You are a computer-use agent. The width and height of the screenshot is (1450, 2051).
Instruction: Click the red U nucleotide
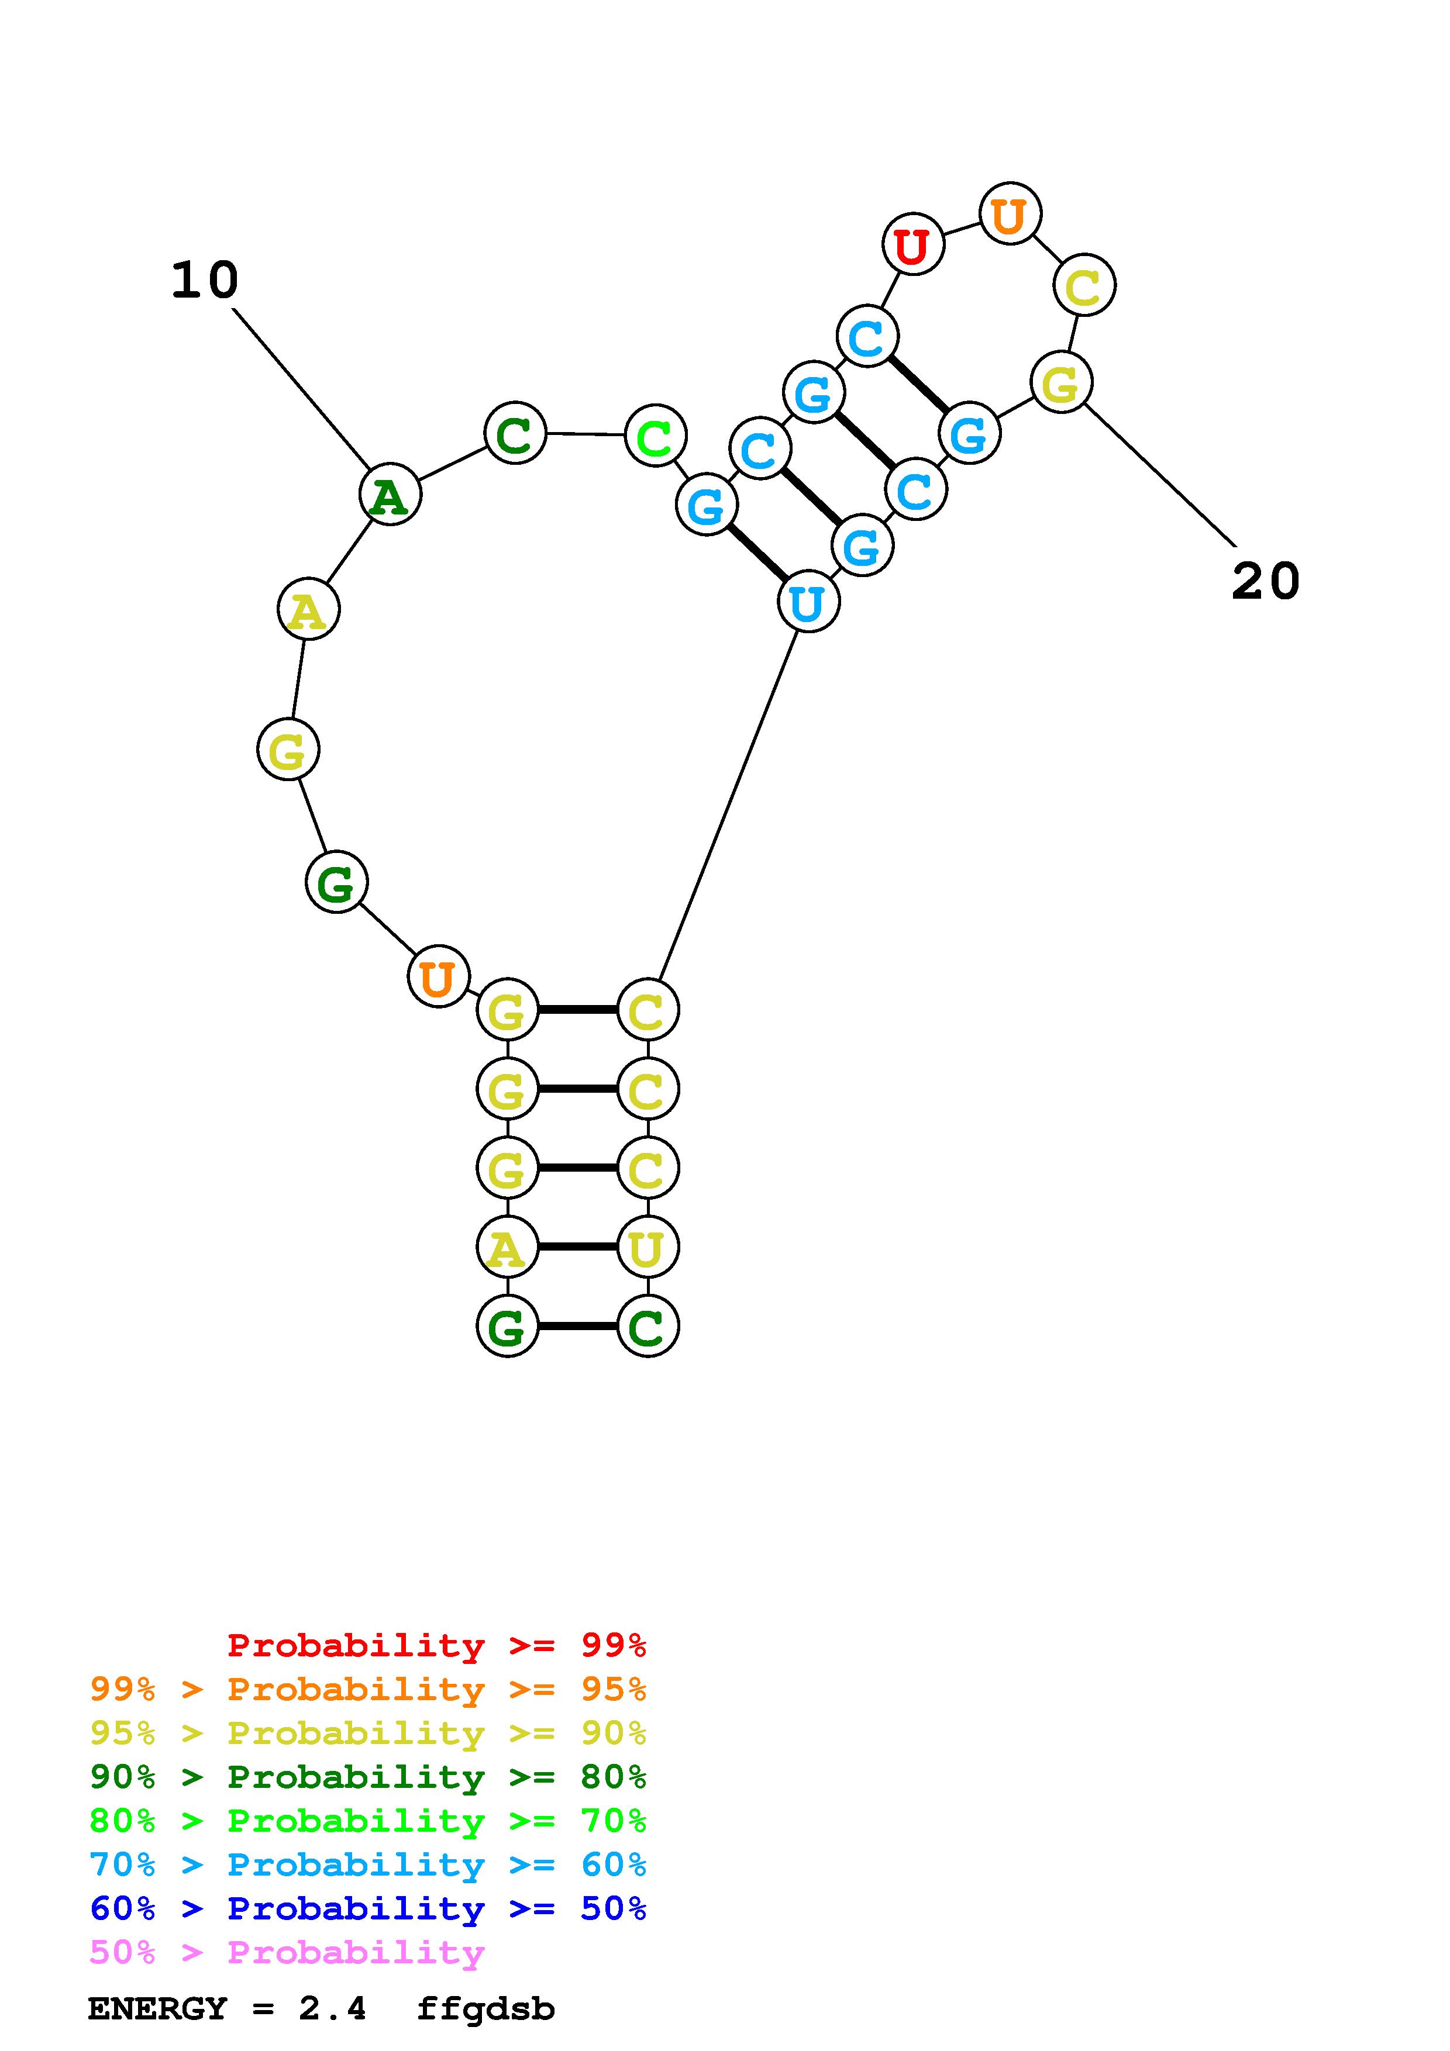912,245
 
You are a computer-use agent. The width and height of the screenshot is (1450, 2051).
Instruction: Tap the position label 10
205,281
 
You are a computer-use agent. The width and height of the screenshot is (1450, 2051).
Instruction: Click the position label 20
1265,582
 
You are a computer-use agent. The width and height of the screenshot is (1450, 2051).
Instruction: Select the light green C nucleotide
655,437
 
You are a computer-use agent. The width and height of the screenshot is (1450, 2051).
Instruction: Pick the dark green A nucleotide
390,495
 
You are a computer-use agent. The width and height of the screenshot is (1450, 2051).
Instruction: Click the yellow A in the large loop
308,611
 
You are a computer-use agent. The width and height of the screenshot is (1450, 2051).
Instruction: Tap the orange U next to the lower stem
438,977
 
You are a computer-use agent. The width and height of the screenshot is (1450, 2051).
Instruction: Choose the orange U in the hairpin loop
1010,215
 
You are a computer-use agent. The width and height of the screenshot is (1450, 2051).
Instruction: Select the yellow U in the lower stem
647,1248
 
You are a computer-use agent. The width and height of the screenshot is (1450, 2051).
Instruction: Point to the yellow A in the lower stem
507,1248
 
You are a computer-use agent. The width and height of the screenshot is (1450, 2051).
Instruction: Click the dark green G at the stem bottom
507,1327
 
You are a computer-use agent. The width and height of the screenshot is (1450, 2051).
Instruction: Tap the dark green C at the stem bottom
647,1327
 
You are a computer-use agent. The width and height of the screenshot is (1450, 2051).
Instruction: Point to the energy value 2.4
332,2009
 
